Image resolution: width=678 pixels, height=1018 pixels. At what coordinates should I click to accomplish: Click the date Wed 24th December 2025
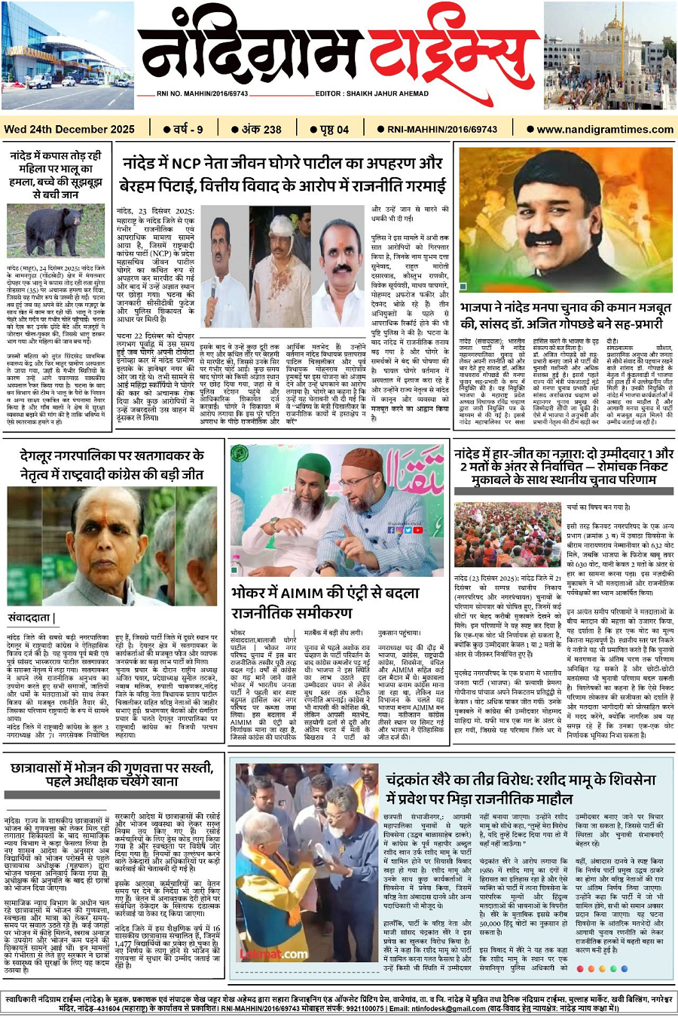69,129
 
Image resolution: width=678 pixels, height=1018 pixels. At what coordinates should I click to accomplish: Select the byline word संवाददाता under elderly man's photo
31,618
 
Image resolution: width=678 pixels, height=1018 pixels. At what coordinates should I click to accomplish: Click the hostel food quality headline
111,774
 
